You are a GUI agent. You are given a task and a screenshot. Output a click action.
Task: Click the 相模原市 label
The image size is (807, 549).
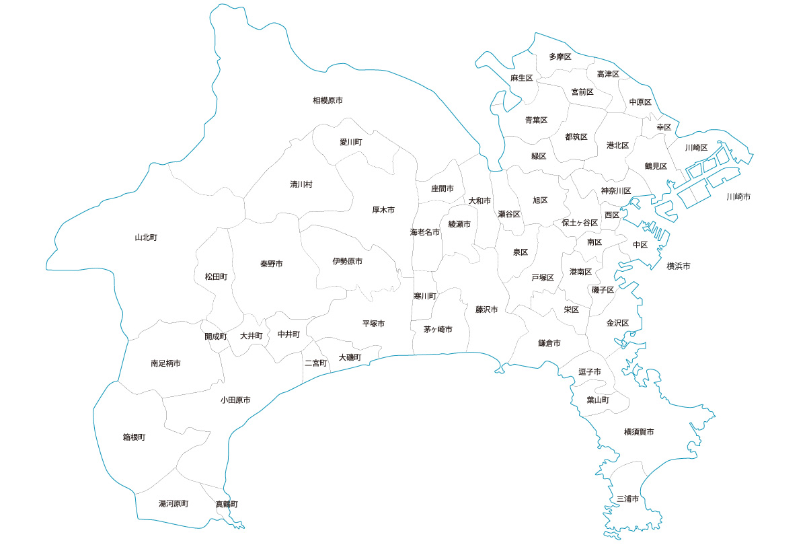click(x=328, y=100)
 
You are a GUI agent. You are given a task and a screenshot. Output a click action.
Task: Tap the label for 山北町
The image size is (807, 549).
click(x=146, y=237)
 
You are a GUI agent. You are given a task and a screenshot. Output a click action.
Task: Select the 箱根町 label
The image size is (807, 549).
click(x=134, y=437)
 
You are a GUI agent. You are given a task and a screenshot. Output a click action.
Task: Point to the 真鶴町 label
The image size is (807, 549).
click(x=227, y=504)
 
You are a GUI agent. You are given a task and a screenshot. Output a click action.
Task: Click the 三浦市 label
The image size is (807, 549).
click(x=627, y=499)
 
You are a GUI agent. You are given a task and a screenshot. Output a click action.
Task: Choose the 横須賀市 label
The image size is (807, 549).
click(x=639, y=432)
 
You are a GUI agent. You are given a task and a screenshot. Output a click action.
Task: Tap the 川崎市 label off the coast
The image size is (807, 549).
click(x=738, y=197)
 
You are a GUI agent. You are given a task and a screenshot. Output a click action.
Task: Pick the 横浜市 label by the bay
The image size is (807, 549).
click(x=679, y=266)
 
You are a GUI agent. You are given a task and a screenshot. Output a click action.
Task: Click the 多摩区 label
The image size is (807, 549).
click(x=560, y=57)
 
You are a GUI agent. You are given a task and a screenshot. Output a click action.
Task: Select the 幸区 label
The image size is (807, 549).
click(x=664, y=127)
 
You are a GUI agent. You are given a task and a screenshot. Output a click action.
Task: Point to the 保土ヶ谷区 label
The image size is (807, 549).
click(x=580, y=223)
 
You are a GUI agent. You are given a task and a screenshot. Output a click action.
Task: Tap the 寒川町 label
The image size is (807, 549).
click(x=425, y=296)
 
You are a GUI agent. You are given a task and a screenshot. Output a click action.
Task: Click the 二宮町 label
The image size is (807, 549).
click(x=316, y=363)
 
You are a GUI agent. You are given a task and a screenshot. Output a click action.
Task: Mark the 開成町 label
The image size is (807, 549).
click(x=216, y=336)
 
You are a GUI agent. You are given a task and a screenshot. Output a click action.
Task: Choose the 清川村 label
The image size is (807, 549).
click(x=301, y=184)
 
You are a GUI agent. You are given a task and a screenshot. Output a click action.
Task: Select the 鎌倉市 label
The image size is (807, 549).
click(x=549, y=343)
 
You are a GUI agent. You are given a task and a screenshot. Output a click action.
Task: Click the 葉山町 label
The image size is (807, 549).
click(x=598, y=400)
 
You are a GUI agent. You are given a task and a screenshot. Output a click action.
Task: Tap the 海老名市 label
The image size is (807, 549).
click(x=425, y=232)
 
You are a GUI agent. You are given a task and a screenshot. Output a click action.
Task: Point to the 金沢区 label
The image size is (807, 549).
click(x=617, y=324)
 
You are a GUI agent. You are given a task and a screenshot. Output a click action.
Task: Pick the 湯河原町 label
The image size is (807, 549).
click(x=174, y=504)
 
